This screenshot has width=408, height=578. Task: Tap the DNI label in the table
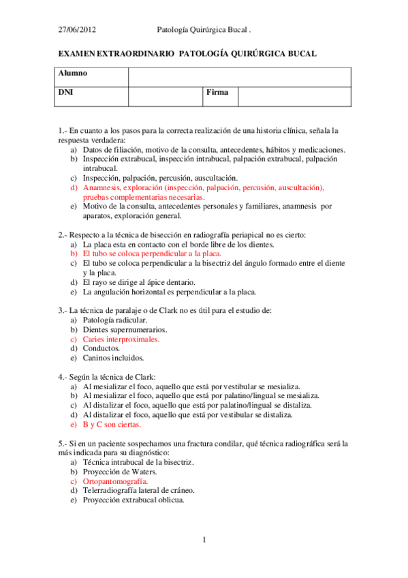click(65, 92)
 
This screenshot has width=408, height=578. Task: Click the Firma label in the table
click(217, 92)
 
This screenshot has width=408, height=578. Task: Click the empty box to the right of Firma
click(294, 96)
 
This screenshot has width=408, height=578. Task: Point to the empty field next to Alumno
click(239, 77)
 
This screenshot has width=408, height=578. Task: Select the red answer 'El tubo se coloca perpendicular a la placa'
click(151, 253)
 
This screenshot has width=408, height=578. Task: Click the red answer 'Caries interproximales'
click(121, 339)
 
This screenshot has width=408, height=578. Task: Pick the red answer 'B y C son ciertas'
click(112, 424)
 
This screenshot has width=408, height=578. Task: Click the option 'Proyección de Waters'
click(120, 471)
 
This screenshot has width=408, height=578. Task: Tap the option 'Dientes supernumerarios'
click(125, 329)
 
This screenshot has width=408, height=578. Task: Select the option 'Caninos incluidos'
click(113, 357)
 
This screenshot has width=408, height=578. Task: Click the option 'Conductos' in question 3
click(101, 348)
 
